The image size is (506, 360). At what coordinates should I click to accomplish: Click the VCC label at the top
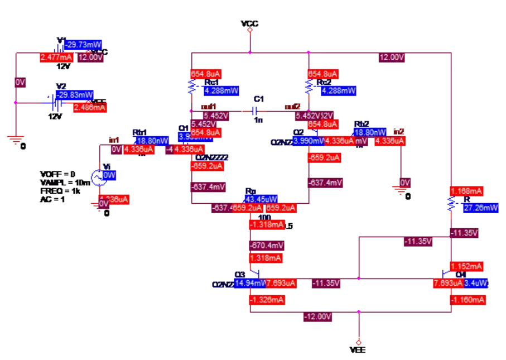pyautogui.click(x=249, y=23)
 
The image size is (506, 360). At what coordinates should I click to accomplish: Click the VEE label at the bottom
pyautogui.click(x=358, y=350)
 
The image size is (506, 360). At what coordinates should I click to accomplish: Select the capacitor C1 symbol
pyautogui.click(x=257, y=111)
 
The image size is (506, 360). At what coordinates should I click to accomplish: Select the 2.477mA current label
pyautogui.click(x=56, y=57)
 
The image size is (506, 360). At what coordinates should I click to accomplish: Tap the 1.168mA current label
pyautogui.click(x=466, y=191)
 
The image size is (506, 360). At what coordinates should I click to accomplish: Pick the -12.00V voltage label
pyautogui.click(x=317, y=317)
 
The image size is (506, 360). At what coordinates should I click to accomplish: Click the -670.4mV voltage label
pyautogui.click(x=266, y=245)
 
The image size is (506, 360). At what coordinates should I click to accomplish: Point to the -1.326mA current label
pyautogui.click(x=266, y=300)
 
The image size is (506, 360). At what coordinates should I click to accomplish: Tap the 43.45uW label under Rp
pyautogui.click(x=261, y=200)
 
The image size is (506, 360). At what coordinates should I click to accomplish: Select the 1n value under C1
pyautogui.click(x=258, y=121)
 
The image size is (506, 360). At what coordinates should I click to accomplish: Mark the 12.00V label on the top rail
pyautogui.click(x=391, y=57)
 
